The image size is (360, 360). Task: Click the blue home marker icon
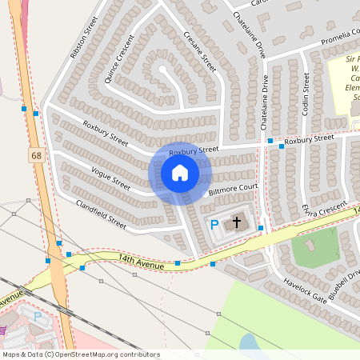[180, 173]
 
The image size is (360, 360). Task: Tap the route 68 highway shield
[38, 154]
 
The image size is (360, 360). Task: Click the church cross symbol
[236, 222]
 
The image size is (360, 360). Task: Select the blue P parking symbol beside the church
[214, 226]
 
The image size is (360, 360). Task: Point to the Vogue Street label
[110, 178]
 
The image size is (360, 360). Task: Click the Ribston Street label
[83, 37]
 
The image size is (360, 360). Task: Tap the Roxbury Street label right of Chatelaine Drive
[309, 139]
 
